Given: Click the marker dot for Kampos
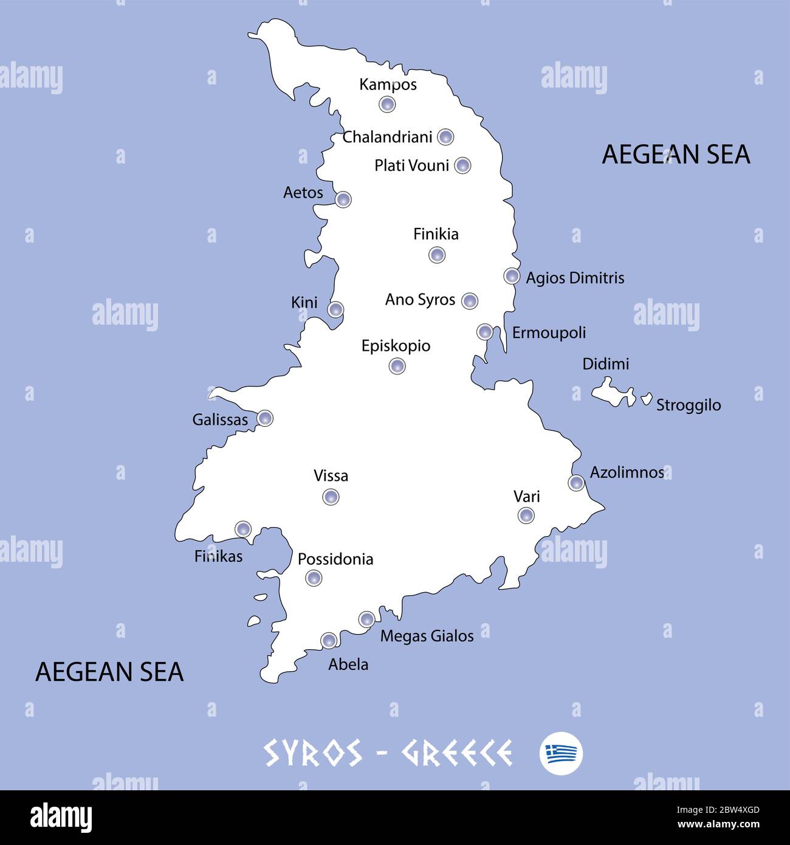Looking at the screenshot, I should [387, 105].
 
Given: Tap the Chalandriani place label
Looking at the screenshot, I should [388, 137].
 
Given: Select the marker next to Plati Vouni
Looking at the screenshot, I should [463, 165].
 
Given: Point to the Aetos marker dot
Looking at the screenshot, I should [343, 199].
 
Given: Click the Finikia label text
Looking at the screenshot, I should [436, 234].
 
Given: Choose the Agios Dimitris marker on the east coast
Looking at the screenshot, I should [512, 276].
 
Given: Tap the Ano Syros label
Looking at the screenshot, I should [420, 300].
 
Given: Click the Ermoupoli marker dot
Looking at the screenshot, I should [485, 331].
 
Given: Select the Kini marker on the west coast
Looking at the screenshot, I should [335, 309].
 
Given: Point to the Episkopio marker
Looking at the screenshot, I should [397, 366].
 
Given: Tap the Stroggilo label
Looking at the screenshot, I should [689, 405].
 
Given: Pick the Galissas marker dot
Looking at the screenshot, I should [265, 418].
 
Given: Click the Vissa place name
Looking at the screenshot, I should [331, 475].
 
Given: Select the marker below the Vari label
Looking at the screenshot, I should [526, 516].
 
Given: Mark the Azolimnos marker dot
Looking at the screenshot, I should [576, 483].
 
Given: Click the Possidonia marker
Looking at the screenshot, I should [314, 578].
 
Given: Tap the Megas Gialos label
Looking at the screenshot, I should [427, 636].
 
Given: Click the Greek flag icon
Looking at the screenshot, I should [561, 753].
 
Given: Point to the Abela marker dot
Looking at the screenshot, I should [329, 640].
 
